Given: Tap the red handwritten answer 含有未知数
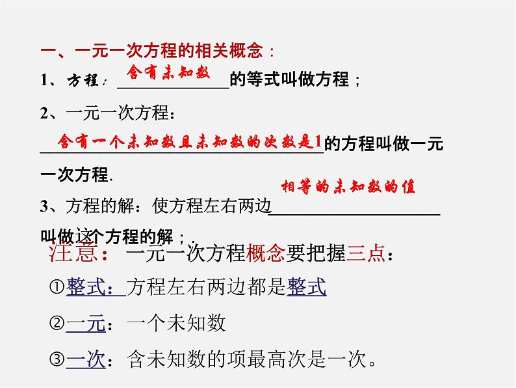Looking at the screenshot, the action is click(x=168, y=72).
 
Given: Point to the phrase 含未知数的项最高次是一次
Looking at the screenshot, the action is click(x=247, y=359).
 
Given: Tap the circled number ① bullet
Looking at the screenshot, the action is click(x=56, y=287).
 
